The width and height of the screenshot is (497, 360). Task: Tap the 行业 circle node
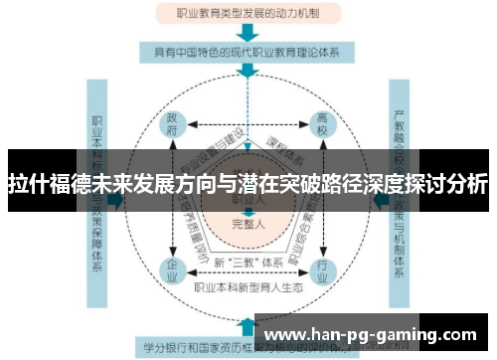click(x=321, y=269)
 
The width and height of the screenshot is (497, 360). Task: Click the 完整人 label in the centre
click(x=247, y=223)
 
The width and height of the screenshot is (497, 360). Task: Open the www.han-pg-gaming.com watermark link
click(x=372, y=334)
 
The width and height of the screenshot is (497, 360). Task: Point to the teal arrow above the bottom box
click(x=246, y=323)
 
